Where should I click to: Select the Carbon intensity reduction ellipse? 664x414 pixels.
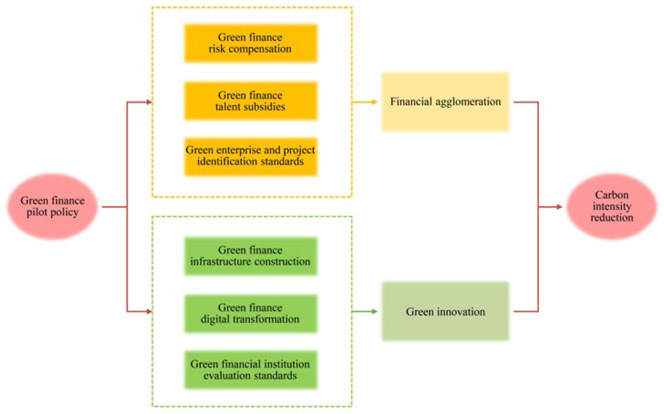point(612,207)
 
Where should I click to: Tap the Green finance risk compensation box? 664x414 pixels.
point(251,43)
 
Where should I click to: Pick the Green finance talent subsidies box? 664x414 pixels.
point(251,101)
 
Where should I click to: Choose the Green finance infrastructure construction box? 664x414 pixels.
point(251,256)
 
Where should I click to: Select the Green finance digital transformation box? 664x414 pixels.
point(251,314)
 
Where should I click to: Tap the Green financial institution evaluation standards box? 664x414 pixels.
point(251,370)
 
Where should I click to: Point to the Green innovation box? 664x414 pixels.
point(445,312)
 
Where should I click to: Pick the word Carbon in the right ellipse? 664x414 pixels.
point(612,195)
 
